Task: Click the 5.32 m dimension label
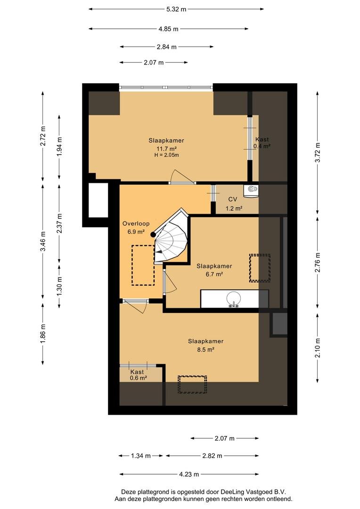click(x=176, y=9)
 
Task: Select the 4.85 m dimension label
click(x=169, y=29)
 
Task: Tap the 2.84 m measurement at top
click(x=166, y=47)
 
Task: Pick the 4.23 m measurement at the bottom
click(x=189, y=474)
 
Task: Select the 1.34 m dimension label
click(x=141, y=456)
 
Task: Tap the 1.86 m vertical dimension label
click(x=43, y=333)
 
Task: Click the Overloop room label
click(x=136, y=224)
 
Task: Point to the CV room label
click(x=233, y=199)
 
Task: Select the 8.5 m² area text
click(x=206, y=350)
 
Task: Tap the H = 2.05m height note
click(x=166, y=155)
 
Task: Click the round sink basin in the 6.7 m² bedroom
click(x=234, y=299)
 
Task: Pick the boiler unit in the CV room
click(x=251, y=191)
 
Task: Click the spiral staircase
click(x=171, y=237)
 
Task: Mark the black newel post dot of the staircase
click(x=153, y=234)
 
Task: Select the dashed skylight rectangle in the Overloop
click(x=143, y=265)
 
